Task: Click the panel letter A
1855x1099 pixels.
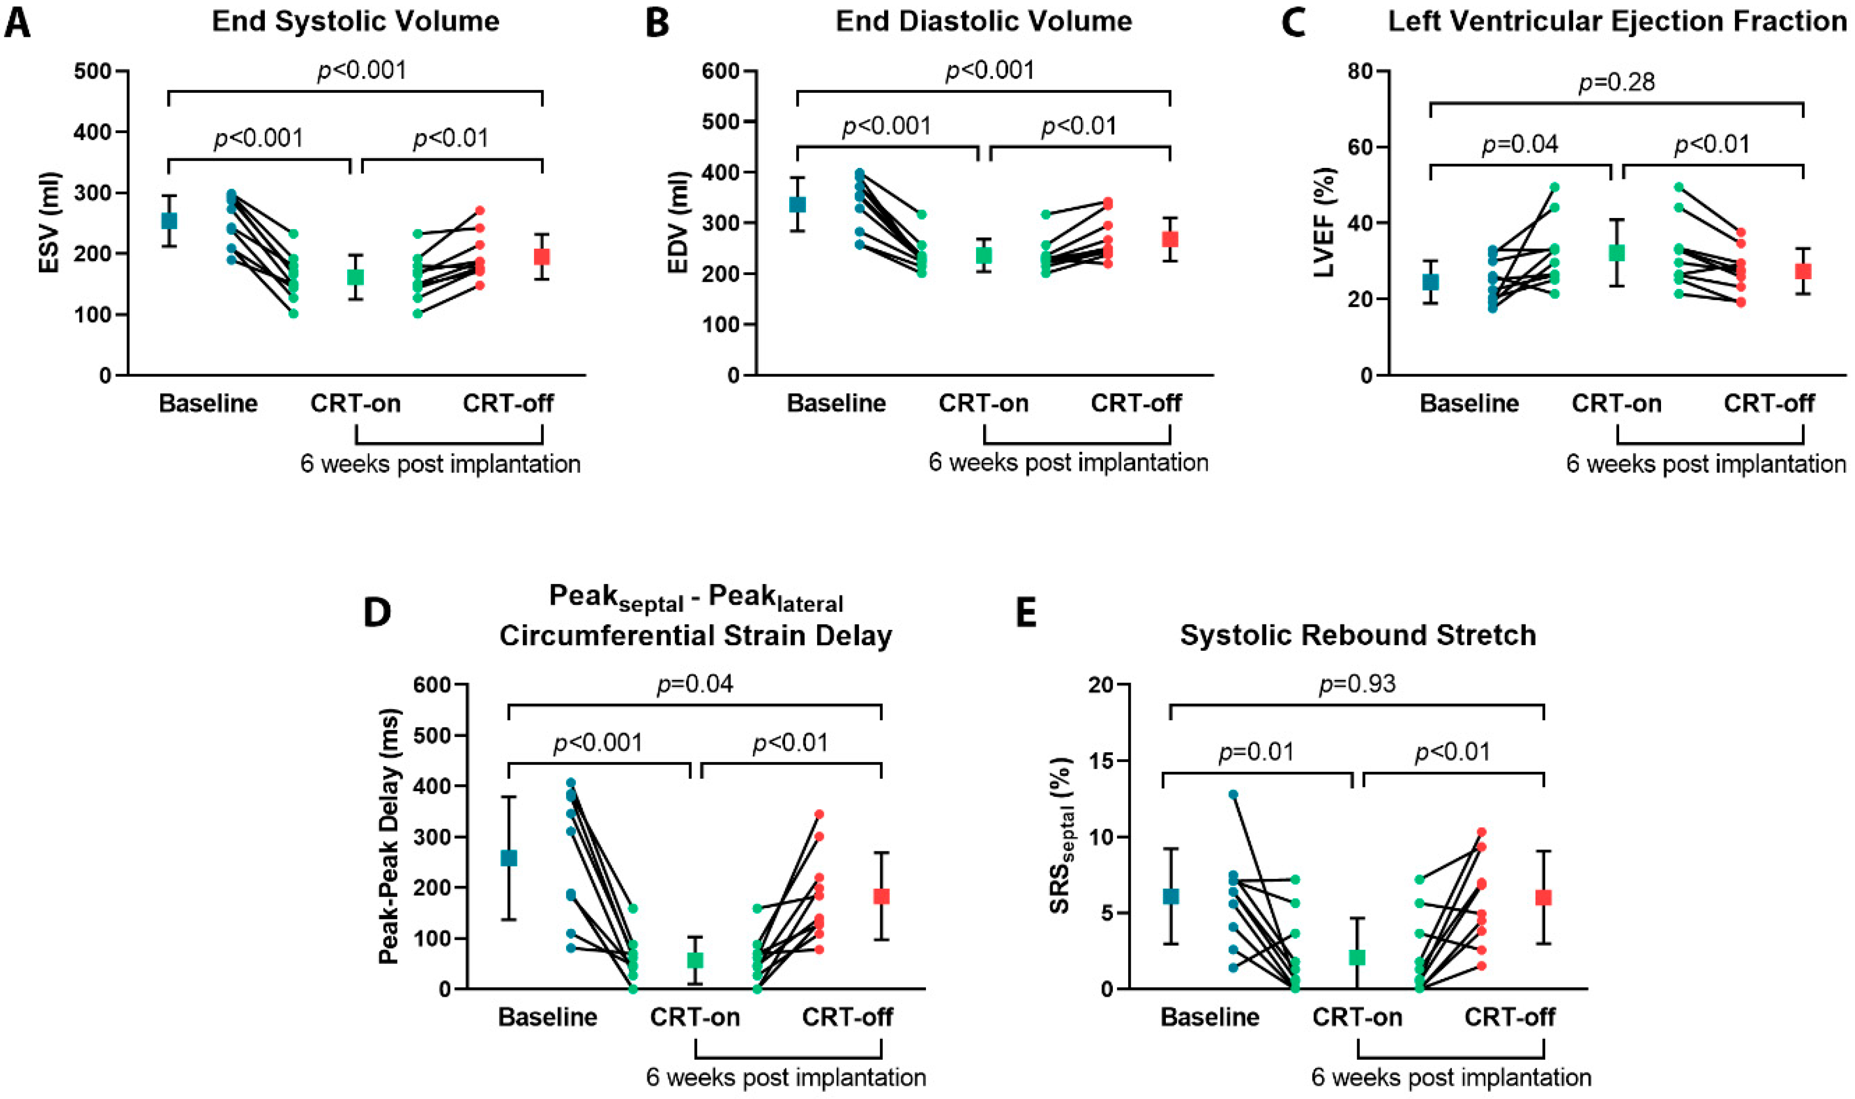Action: (18, 22)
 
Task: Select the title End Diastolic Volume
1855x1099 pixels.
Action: (984, 21)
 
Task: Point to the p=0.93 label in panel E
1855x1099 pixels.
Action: (1357, 683)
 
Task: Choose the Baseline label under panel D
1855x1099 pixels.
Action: (547, 1017)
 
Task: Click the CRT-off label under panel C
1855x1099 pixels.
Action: (1769, 404)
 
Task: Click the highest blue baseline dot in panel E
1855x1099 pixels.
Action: (1233, 795)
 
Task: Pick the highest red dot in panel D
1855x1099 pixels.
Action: (819, 814)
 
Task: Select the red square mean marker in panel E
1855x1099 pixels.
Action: (1543, 897)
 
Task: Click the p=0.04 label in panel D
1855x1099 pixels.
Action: (695, 683)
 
